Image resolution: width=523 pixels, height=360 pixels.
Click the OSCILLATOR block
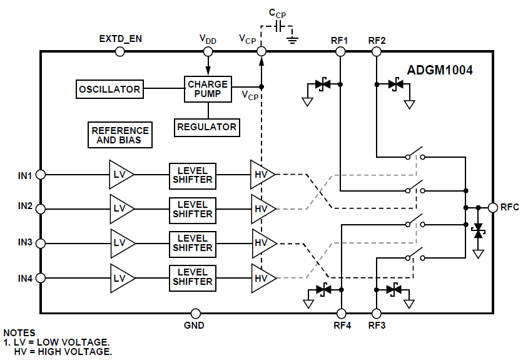pos(109,90)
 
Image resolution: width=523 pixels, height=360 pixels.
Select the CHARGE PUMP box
pos(208,89)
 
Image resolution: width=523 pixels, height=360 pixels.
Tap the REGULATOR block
pos(206,127)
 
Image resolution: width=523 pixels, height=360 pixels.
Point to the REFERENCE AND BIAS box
pos(120,135)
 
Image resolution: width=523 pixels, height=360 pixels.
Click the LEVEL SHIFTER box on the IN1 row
pos(192,175)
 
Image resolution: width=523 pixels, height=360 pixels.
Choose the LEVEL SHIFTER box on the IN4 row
pos(192,277)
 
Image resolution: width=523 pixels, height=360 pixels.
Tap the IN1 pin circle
pos(41,175)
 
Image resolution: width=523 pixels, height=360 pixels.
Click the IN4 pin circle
pos(41,277)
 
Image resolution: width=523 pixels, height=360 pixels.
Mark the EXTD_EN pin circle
pos(119,52)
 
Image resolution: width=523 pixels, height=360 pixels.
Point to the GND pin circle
pos(195,313)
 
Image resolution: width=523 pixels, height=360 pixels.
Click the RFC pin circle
pos(492,207)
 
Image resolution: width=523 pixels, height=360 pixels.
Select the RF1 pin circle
pos(340,52)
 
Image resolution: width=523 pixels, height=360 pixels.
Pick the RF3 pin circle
pos(377,313)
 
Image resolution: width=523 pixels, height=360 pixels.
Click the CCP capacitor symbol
pos(278,28)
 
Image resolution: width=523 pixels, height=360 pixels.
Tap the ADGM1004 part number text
pos(440,71)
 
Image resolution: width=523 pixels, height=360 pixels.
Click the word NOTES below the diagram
pos(19,333)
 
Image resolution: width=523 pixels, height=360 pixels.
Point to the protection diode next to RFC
pos(479,231)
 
